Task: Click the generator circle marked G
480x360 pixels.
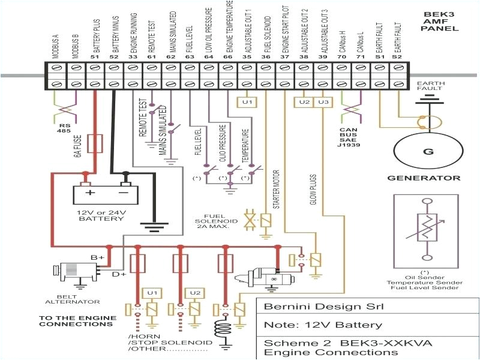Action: click(428, 151)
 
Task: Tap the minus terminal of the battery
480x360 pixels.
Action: click(125, 193)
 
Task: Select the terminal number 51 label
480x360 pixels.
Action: click(94, 58)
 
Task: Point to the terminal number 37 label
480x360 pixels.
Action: click(285, 58)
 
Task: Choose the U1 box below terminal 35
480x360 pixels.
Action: click(247, 102)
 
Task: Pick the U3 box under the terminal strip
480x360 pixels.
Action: click(323, 102)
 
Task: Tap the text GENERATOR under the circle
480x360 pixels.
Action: click(424, 178)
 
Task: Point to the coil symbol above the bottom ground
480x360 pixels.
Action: click(226, 331)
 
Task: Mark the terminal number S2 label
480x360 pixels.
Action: click(397, 58)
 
